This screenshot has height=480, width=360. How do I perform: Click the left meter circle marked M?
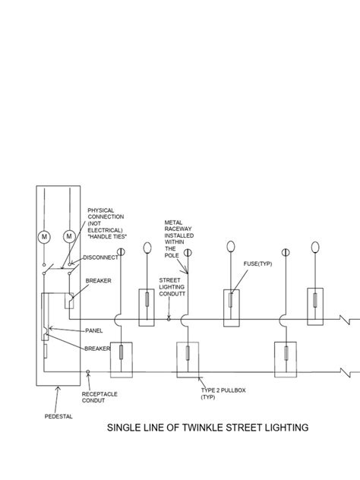(x=44, y=237)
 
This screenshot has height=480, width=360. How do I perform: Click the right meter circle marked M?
(x=70, y=237)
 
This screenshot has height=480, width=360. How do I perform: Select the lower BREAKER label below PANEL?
(x=99, y=348)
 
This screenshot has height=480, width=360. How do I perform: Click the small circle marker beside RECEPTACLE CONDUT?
(x=89, y=373)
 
